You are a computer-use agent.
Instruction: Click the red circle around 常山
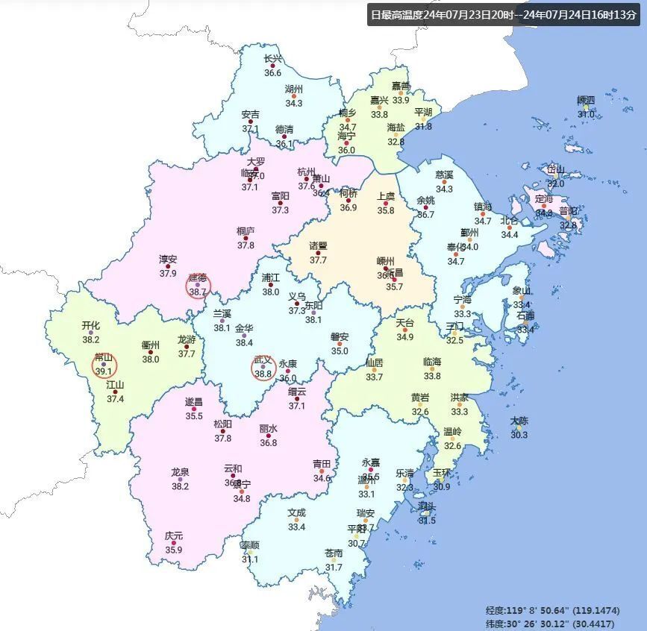[103, 365]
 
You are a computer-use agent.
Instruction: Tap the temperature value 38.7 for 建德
[198, 292]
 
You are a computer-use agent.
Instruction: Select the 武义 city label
[263, 360]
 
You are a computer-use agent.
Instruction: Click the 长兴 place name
[273, 59]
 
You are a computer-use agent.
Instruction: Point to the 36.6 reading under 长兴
[273, 73]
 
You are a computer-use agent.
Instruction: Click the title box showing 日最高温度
[504, 14]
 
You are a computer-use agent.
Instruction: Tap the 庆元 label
[174, 536]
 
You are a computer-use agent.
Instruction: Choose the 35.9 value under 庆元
[174, 550]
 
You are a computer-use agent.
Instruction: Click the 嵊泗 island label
[586, 101]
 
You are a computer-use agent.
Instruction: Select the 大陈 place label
[519, 421]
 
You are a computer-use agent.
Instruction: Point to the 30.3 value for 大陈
[519, 435]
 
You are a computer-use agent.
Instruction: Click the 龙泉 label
[180, 472]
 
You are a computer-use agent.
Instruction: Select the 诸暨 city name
[319, 245]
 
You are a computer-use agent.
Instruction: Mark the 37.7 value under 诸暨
[319, 260]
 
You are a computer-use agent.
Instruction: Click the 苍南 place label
[334, 553]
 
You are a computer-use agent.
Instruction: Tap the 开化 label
[91, 325]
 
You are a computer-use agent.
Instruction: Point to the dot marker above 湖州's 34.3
[294, 96]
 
